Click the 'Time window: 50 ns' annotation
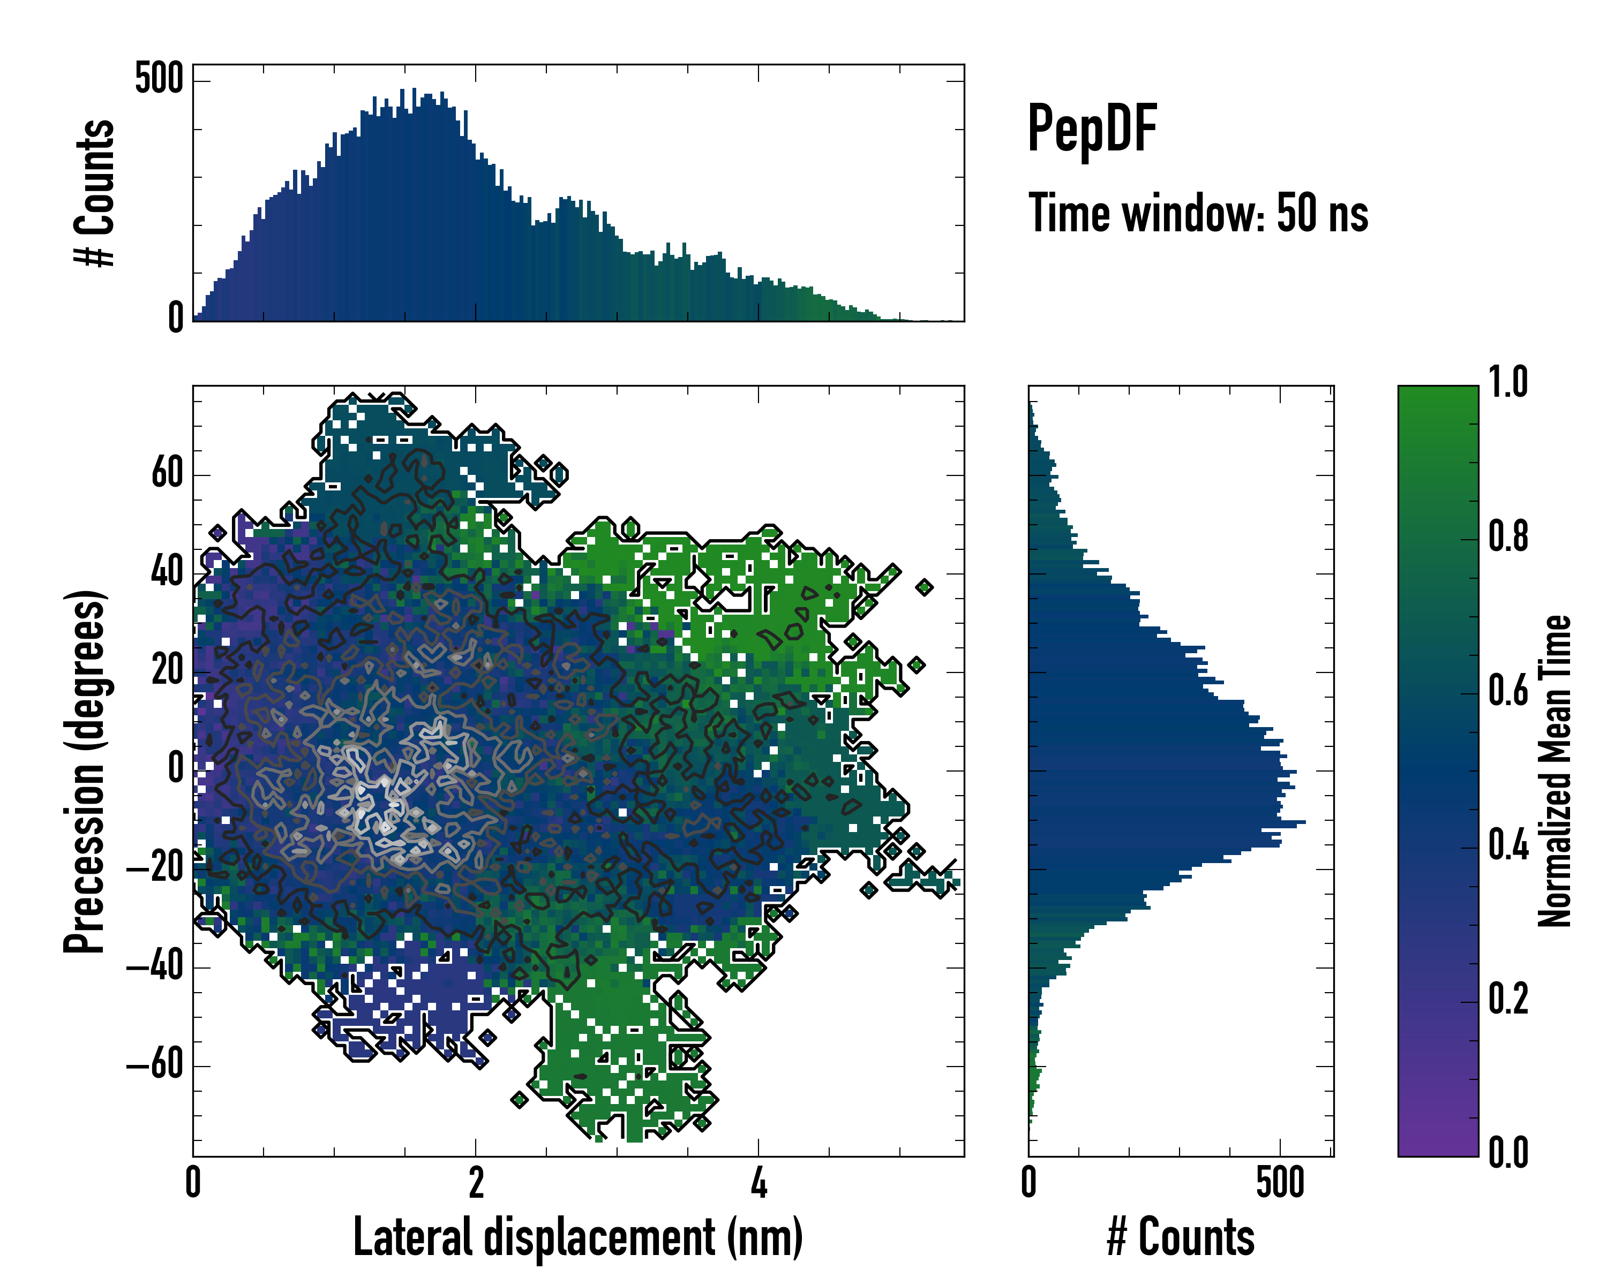point(1198,214)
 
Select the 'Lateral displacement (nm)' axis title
point(577,1237)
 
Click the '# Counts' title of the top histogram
point(95,193)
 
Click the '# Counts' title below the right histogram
point(1181,1237)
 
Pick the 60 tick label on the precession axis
point(167,474)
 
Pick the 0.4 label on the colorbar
point(1508,846)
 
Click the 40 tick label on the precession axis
point(167,573)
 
